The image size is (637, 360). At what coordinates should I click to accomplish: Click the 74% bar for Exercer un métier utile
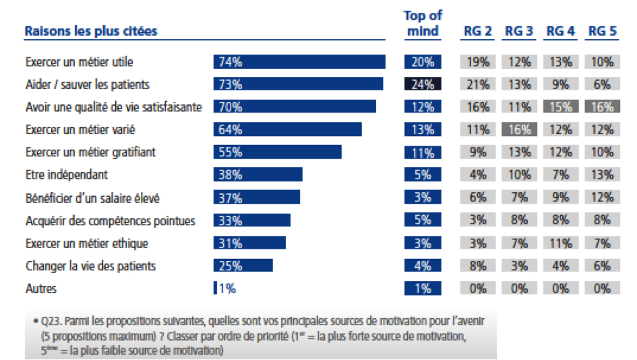click(x=299, y=62)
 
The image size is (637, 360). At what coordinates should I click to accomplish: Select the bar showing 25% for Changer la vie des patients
click(x=243, y=266)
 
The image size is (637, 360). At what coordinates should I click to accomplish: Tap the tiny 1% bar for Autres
click(x=216, y=289)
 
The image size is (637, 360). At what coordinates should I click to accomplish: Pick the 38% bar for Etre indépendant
click(x=258, y=175)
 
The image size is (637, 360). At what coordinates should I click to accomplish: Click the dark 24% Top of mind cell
click(x=423, y=84)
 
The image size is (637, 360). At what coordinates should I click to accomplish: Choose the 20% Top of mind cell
click(x=423, y=62)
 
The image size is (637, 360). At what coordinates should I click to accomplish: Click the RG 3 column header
click(x=519, y=31)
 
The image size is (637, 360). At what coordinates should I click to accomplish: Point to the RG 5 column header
click(x=602, y=31)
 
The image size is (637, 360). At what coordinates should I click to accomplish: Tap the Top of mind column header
click(x=423, y=23)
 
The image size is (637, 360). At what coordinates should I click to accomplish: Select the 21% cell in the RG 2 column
click(x=477, y=84)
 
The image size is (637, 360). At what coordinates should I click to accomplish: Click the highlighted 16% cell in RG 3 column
click(x=519, y=129)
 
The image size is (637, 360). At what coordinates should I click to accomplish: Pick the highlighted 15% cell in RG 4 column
click(x=560, y=107)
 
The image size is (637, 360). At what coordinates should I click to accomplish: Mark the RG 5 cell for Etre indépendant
click(x=602, y=175)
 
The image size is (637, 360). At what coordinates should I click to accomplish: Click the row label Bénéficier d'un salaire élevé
click(x=92, y=198)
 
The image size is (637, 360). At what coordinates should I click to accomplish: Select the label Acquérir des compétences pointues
click(x=111, y=220)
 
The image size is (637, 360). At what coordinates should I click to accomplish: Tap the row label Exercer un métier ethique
click(x=87, y=243)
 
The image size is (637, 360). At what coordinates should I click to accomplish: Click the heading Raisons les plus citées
click(x=91, y=31)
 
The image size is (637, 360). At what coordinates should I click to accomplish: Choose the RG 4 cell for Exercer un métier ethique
click(x=560, y=243)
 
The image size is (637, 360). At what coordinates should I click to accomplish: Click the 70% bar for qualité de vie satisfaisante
click(x=295, y=107)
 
